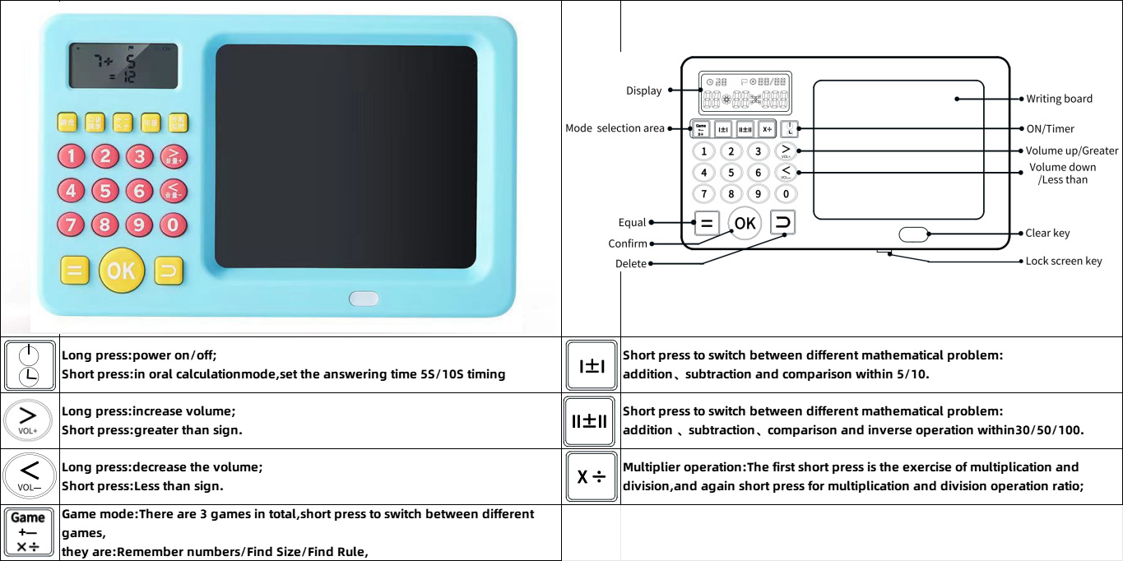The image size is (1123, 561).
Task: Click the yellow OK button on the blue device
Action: pos(121,270)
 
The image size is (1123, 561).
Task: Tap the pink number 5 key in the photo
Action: pos(104,191)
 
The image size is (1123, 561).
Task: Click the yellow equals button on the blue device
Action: pos(74,271)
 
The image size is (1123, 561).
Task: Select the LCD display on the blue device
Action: pos(123,66)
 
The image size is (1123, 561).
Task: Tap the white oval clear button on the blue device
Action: pos(363,299)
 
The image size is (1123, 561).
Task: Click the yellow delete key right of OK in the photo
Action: pos(168,271)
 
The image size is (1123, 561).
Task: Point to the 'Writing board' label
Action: pos(1059,99)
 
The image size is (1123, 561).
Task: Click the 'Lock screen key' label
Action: pos(1063,261)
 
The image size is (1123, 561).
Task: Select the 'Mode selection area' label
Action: pos(615,128)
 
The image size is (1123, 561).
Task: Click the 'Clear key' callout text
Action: pos(1047,233)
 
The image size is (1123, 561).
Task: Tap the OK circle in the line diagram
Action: pos(745,223)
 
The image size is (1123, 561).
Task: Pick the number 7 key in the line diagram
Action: pos(703,194)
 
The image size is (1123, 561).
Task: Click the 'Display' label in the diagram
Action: pos(643,90)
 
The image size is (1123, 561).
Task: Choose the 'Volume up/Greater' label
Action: pos(1071,151)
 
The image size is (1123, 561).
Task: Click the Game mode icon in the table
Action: pos(28,532)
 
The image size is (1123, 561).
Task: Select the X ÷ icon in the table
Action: pos(591,476)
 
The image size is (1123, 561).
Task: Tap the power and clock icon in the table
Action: pos(30,365)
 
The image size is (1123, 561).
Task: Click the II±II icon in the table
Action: pos(590,421)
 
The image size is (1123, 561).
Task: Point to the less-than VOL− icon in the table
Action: pos(30,475)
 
